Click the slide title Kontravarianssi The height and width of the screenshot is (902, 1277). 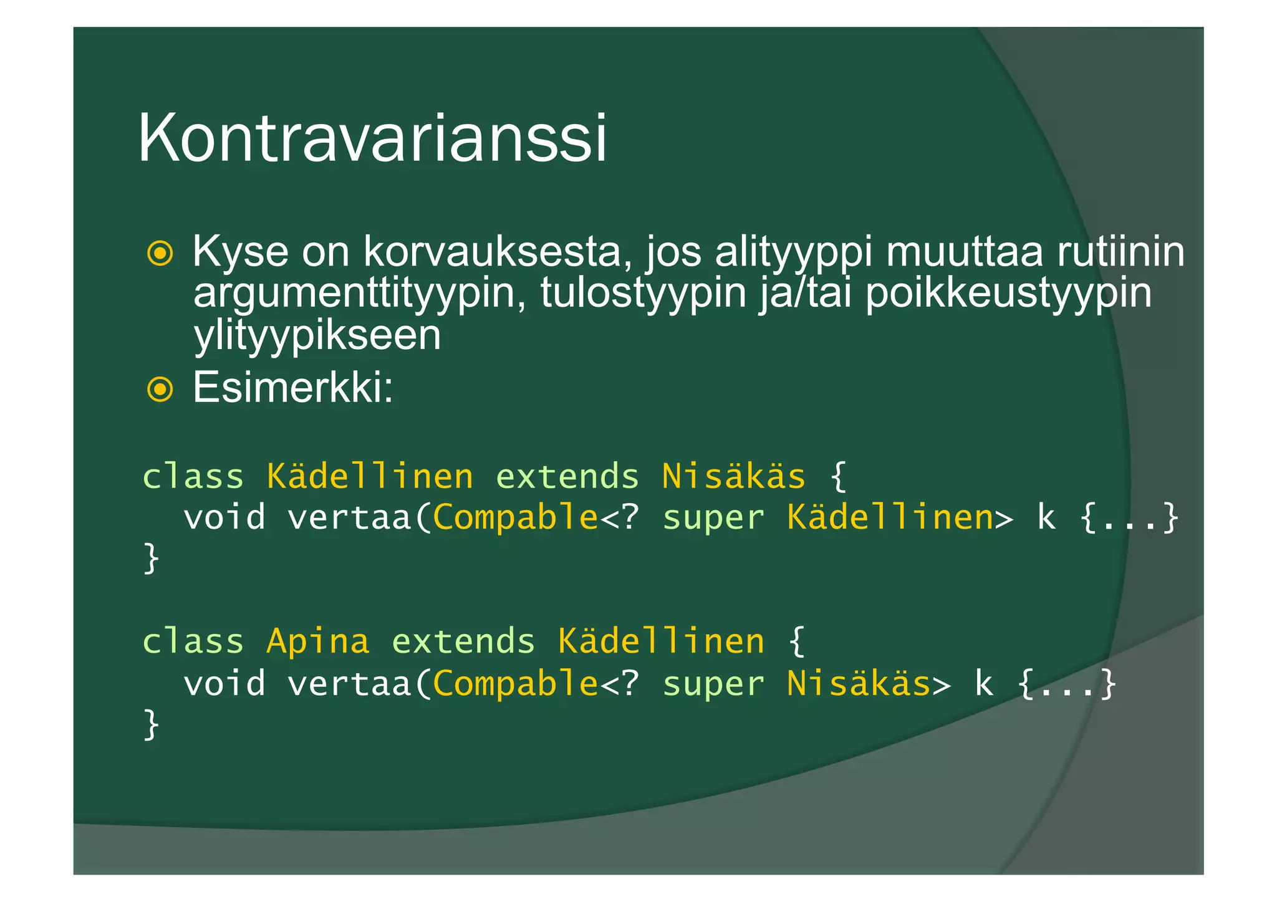click(x=372, y=138)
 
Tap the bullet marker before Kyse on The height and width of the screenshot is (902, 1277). click(x=160, y=253)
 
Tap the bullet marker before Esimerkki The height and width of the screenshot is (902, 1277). click(x=160, y=390)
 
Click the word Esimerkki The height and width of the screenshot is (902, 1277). click(x=292, y=388)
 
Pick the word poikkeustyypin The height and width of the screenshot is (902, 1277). click(x=1008, y=293)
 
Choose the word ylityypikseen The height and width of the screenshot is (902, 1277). click(x=317, y=335)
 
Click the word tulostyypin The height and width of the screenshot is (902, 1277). click(x=643, y=293)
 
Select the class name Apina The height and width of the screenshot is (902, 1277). click(x=318, y=641)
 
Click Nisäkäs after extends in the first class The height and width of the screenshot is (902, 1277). click(x=733, y=477)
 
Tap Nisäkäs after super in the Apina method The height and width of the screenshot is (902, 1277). click(x=859, y=683)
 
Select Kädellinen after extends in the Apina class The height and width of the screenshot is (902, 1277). click(x=661, y=641)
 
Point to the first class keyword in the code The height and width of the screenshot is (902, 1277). click(x=193, y=477)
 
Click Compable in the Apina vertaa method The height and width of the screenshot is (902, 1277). click(x=516, y=683)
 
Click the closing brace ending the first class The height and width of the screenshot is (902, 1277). click(x=152, y=558)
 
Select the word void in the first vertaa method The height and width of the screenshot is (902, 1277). click(x=224, y=517)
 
